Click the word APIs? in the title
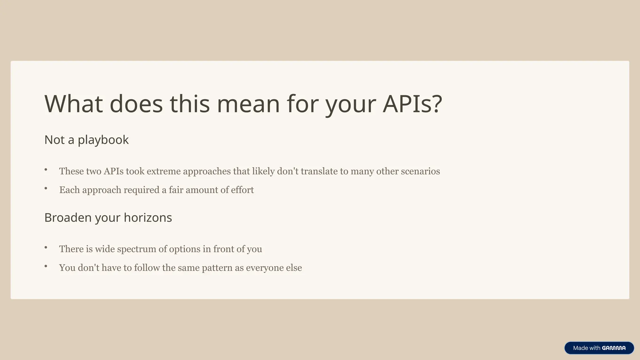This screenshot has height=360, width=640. point(412,104)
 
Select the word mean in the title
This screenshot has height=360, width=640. point(248,104)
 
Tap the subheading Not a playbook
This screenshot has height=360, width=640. point(87,140)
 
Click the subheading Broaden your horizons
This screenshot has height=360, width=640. point(108,217)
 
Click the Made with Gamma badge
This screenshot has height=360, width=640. point(599,348)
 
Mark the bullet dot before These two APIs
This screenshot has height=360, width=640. point(46,170)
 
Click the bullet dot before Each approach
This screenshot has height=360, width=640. point(46,188)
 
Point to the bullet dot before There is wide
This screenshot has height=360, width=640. point(46,247)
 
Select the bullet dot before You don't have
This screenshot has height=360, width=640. point(46,266)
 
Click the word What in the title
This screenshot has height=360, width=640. point(74,104)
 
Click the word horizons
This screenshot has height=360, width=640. point(148,217)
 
